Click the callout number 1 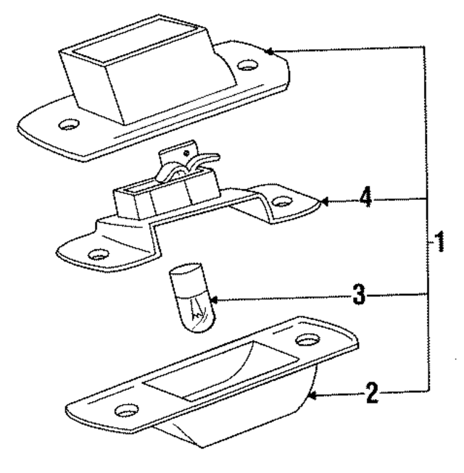point(439,241)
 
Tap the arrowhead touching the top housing point(268,51)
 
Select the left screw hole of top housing point(70,125)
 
